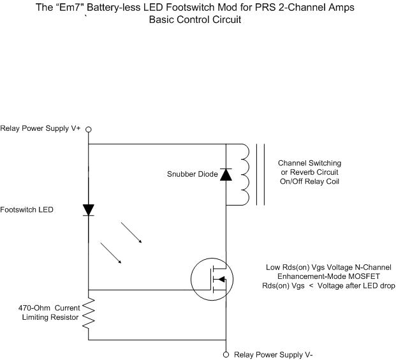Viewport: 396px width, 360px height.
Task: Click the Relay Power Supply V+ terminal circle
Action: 89,130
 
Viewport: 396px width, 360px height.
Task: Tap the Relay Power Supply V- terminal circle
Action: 226,354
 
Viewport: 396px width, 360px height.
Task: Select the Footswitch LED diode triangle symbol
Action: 89,210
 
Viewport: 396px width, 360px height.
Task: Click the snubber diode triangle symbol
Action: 226,174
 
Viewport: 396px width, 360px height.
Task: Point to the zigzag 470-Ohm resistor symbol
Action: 89,313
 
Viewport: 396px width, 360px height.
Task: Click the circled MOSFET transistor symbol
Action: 212,280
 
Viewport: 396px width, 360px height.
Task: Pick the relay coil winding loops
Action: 244,174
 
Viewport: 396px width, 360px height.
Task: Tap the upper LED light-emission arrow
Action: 131,232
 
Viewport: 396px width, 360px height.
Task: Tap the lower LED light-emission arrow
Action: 111,253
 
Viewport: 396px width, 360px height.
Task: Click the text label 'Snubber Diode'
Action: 193,174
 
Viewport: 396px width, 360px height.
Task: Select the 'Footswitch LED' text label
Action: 27,209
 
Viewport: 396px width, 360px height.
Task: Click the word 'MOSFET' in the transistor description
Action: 363,276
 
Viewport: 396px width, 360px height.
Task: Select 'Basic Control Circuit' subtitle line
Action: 195,19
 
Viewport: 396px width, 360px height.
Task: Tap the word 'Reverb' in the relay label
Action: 301,172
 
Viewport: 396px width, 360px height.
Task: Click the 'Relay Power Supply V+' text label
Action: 40,128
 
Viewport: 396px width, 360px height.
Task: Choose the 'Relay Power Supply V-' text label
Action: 274,355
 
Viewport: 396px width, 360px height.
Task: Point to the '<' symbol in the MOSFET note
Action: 311,286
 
